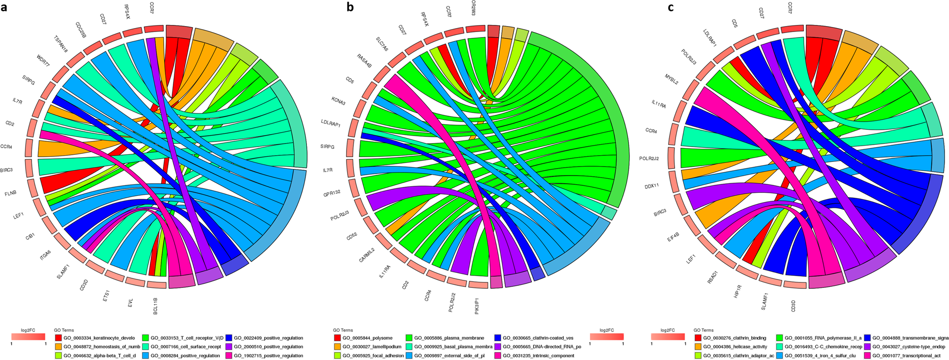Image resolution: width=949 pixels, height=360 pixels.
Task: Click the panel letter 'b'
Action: point(350,7)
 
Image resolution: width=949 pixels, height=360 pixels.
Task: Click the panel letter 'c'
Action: point(671,7)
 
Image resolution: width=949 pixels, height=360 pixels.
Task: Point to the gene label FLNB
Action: point(11,193)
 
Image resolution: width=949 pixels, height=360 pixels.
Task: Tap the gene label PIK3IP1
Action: point(477,305)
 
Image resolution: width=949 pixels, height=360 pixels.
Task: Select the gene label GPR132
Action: point(332,193)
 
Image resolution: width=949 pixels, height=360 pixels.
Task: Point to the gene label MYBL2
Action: point(672,79)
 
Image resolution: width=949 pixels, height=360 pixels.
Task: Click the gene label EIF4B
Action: point(673,236)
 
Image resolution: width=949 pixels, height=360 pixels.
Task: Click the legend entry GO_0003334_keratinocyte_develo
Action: point(95,338)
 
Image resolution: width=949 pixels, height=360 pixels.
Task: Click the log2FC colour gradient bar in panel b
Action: point(606,337)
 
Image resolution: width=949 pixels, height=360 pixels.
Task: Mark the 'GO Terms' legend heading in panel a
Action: point(64,330)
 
